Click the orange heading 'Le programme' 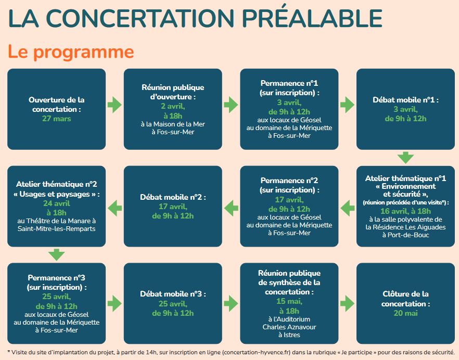point(71,53)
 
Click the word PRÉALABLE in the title point(312,18)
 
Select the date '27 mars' point(57,119)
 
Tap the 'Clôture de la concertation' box point(405,303)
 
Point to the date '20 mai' point(405,313)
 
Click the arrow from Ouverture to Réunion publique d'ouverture point(114,105)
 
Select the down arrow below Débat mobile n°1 point(405,158)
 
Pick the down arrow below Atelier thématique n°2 point(57,254)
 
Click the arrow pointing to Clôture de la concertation point(347,303)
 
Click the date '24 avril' point(57,203)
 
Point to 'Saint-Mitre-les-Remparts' point(57,228)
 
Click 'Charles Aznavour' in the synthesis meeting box point(289,327)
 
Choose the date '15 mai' point(289,301)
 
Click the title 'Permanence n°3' point(57,277)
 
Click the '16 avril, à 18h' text point(405,211)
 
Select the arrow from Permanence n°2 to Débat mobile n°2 point(231,208)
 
